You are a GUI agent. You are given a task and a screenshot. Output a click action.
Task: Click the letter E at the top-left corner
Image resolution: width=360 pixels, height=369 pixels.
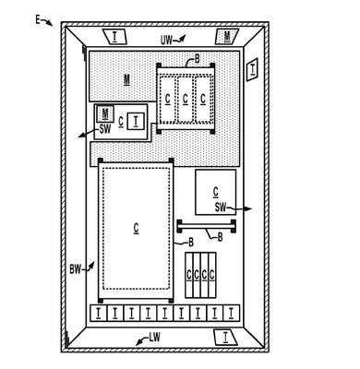pos(38,20)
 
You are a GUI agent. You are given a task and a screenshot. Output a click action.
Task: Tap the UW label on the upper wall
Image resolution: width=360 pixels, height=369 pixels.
pos(166,40)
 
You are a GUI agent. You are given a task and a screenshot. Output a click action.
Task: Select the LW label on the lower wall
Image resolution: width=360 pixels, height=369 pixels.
pos(155,338)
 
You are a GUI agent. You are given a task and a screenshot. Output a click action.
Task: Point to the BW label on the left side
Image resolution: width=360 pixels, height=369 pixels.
pos(76,269)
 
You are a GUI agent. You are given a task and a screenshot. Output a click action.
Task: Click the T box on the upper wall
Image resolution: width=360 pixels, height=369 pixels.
pos(114,36)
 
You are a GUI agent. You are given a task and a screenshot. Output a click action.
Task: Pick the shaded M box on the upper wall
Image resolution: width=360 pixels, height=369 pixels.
pos(227,36)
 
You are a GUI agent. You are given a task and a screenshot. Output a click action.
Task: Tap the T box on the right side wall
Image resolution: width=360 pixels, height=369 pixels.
pos(252,69)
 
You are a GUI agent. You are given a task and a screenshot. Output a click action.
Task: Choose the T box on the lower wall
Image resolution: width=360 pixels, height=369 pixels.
pos(225,338)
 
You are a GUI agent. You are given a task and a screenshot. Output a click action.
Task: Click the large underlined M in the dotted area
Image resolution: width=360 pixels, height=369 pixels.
pos(126,79)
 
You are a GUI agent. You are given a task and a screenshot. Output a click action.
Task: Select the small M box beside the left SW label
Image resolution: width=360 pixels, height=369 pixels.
pos(105,113)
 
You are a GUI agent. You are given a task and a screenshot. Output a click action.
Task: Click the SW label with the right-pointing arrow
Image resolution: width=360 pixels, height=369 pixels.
pos(221,208)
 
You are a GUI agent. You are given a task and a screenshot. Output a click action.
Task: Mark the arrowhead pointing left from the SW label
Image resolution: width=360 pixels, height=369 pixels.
pos(81,136)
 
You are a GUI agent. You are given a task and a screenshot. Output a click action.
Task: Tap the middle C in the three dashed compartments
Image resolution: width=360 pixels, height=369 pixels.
pos(185,99)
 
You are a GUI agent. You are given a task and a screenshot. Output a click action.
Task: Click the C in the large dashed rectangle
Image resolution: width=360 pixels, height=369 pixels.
pos(136,228)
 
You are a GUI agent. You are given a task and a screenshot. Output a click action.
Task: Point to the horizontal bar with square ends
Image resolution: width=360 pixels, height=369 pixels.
pos(207,226)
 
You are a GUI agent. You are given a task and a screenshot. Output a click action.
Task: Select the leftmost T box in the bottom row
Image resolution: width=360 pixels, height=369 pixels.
pos(98,313)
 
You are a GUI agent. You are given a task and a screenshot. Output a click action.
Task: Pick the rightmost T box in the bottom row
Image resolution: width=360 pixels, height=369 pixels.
pos(232,313)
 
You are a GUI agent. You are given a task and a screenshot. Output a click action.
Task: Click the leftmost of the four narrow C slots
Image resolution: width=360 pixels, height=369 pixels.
pos(189,275)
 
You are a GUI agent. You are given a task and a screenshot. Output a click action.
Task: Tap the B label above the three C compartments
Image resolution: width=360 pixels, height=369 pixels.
pos(197,58)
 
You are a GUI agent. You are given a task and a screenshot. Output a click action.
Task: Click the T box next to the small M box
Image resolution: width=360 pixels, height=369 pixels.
pos(136,121)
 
